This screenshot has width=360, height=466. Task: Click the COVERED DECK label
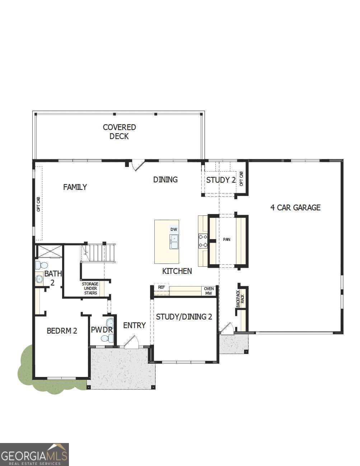119,132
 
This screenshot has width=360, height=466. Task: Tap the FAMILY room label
75,187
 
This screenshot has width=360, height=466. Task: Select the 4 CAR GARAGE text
295,208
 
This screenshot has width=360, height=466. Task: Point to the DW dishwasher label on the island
174,229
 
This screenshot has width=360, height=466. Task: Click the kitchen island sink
174,242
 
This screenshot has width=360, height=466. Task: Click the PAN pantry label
226,239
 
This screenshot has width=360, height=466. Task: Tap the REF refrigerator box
162,288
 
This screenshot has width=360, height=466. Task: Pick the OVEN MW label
209,291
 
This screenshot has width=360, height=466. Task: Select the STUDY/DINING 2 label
184,317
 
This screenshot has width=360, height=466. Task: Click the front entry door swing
132,342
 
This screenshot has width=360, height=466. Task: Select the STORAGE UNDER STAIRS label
90,288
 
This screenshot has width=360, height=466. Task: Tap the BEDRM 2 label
62,331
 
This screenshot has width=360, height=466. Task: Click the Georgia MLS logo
34,454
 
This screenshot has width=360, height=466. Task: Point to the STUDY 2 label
221,180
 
